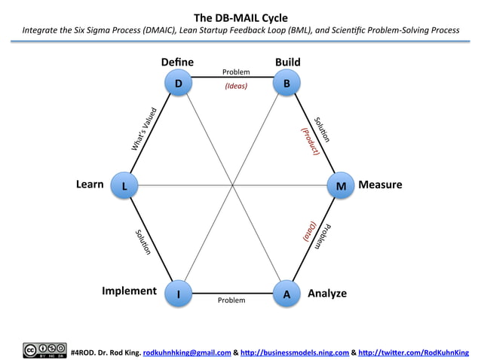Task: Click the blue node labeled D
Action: (178, 84)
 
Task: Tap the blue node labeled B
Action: (285, 84)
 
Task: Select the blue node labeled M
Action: (341, 185)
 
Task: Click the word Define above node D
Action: (178, 61)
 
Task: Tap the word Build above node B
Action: (288, 61)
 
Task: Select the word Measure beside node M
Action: (380, 185)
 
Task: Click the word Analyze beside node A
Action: (327, 293)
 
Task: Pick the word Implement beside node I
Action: (129, 291)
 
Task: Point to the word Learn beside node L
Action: (90, 184)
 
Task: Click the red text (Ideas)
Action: (236, 86)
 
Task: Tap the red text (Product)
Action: (311, 141)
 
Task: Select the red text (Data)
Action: (309, 230)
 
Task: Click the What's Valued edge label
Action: (144, 127)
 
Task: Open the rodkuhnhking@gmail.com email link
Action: (186, 352)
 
